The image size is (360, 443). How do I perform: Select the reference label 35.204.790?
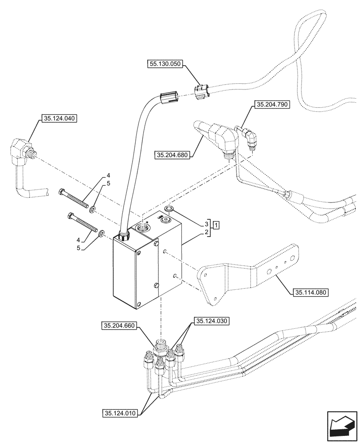(x=271, y=105)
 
